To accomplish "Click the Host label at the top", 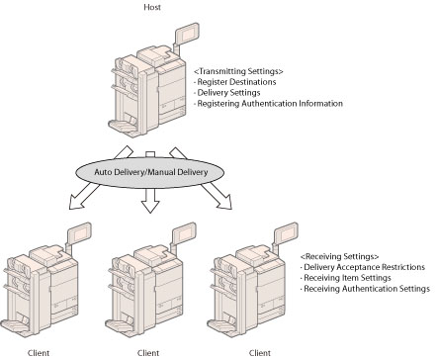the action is (152, 7).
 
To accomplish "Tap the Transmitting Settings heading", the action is (238, 71).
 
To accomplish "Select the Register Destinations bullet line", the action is (235, 82).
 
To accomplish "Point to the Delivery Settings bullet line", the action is (227, 93).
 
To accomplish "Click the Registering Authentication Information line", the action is (269, 104).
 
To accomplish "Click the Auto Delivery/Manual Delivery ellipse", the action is (150, 172).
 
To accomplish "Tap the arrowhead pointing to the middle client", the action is (150, 206).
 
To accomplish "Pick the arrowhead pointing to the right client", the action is (225, 202).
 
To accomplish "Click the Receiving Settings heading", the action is (339, 256).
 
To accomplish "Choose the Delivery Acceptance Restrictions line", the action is (363, 267).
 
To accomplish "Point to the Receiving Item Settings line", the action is (346, 278).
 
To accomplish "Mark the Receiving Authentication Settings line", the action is (365, 289).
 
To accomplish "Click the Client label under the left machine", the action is (39, 353).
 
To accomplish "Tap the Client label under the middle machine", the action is (148, 353).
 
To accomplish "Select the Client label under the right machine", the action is (260, 353).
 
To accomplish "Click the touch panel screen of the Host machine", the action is (187, 34).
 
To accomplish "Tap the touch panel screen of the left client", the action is (79, 232).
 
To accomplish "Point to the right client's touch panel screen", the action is (286, 232).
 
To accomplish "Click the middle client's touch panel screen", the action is (184, 232).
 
